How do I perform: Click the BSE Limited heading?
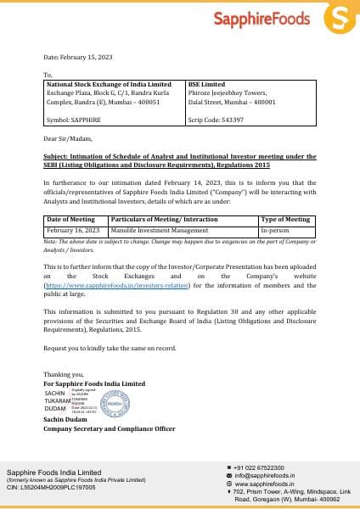click(x=207, y=85)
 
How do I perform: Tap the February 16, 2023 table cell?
click(x=73, y=230)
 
